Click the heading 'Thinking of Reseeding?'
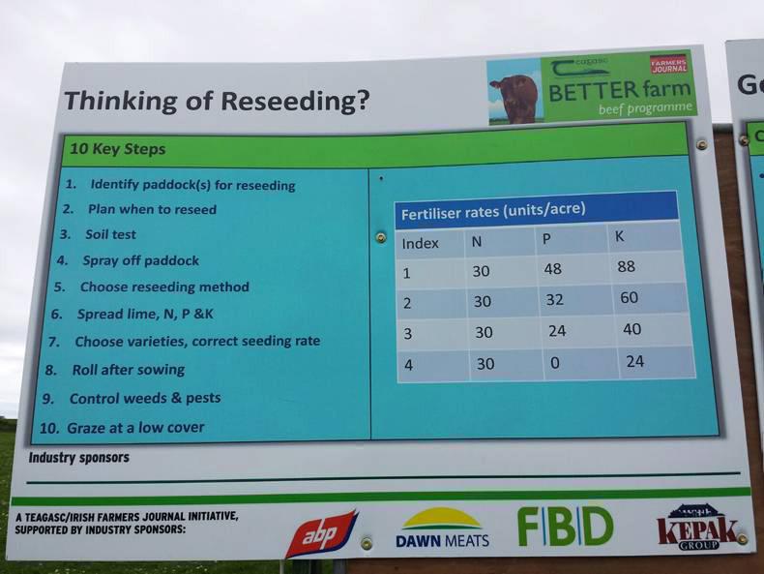click(x=217, y=102)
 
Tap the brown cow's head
click(x=516, y=99)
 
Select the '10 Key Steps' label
click(x=118, y=149)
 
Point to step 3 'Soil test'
click(x=98, y=234)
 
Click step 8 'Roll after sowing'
click(x=115, y=370)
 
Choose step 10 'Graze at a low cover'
click(x=122, y=428)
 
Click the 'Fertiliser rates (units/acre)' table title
click(x=493, y=211)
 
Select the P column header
click(x=546, y=239)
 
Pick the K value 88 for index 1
click(x=626, y=266)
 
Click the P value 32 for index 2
click(x=554, y=299)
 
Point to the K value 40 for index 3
click(x=632, y=329)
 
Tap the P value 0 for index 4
click(x=554, y=363)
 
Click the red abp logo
click(x=322, y=534)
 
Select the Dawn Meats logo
click(x=442, y=528)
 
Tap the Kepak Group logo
click(x=697, y=528)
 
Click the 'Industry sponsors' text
click(x=79, y=458)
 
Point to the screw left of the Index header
click(x=381, y=237)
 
